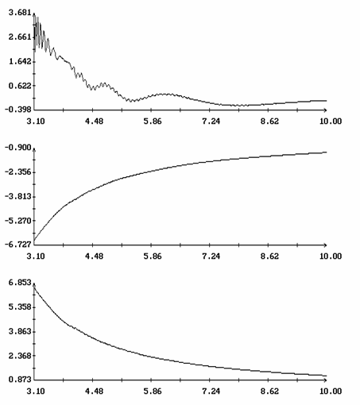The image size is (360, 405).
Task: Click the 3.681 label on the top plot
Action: [x=20, y=13]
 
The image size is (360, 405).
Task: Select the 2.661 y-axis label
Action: [x=20, y=37]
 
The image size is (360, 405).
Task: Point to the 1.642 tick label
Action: [x=20, y=61]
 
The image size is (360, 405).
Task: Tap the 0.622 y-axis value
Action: [x=20, y=86]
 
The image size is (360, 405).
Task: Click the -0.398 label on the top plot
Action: [x=18, y=109]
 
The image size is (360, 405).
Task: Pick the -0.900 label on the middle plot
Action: [x=18, y=148]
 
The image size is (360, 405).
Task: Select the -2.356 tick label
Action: [x=18, y=172]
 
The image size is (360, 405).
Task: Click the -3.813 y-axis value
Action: [x=18, y=196]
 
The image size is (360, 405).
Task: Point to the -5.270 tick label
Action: [x=18, y=221]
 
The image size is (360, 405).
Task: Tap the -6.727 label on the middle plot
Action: [x=18, y=245]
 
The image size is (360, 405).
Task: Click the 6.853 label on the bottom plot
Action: [x=20, y=283]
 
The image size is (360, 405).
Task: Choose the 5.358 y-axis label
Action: [x=20, y=307]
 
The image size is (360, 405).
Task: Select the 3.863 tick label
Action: [x=20, y=331]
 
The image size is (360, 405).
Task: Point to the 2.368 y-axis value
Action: [x=20, y=356]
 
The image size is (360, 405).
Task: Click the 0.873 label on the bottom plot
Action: [x=20, y=380]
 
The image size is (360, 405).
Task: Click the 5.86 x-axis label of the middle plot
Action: [x=153, y=256]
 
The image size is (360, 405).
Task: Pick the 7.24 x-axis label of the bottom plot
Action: [x=211, y=391]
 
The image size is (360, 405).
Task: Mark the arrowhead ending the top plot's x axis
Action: [x=325, y=110]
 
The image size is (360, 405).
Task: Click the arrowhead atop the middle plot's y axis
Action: [x=34, y=150]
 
